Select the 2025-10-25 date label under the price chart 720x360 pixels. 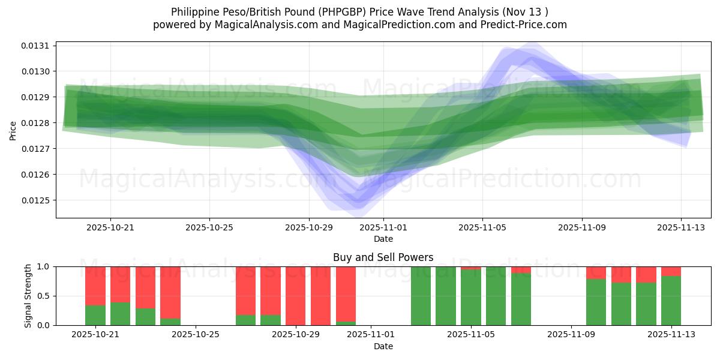(x=209, y=228)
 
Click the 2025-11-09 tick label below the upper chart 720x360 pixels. (x=581, y=228)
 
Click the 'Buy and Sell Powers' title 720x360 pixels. (x=383, y=257)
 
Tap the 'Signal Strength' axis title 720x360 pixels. (x=28, y=296)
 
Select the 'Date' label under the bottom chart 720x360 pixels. (x=383, y=346)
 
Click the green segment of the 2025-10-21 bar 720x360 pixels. (x=95, y=315)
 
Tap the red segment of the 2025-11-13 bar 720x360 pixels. (x=671, y=271)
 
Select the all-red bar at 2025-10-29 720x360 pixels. (x=296, y=296)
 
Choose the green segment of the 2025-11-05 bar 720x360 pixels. (x=471, y=298)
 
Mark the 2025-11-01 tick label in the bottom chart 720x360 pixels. (x=371, y=334)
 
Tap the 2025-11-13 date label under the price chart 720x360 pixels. (x=680, y=228)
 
